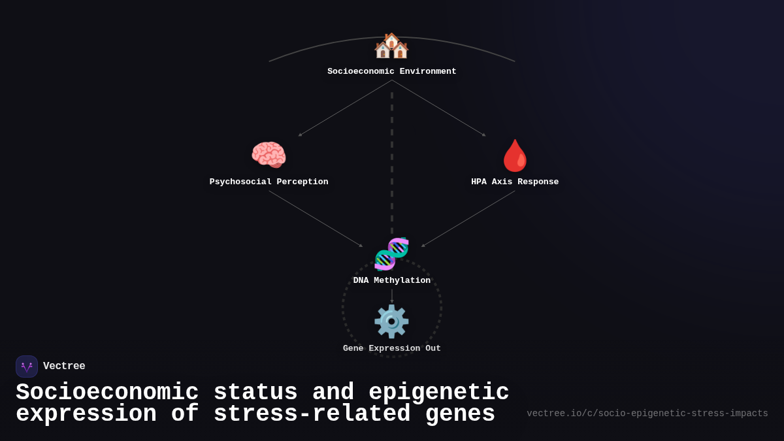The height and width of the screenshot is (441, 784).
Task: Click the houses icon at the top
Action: pos(391,46)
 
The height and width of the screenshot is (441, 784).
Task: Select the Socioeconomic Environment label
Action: pos(392,72)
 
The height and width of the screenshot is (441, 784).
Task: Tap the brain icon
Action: pos(269,155)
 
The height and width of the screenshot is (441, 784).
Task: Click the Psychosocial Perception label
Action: pos(269,182)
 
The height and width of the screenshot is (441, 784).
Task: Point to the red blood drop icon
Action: pos(515,155)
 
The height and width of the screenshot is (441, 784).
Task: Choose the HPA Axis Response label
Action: pos(515,182)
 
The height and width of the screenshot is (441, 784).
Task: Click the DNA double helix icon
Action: pos(391,253)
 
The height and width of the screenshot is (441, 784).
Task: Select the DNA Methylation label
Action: pos(392,281)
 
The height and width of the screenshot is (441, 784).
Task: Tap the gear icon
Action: pos(391,321)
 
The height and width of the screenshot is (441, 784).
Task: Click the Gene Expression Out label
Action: pos(392,349)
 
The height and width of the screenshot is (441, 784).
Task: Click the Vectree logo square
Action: pos(27,367)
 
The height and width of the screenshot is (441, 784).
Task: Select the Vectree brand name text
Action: pos(64,367)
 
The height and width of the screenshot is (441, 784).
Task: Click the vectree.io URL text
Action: pos(647,414)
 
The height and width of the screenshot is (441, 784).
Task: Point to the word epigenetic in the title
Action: pos(438,393)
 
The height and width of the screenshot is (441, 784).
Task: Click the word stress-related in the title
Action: pos(312,414)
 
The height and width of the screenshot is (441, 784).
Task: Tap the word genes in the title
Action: pos(460,414)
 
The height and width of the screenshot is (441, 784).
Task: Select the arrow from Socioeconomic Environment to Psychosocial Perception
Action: pos(345,108)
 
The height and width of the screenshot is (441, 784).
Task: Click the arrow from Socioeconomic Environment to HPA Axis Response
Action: pos(439,108)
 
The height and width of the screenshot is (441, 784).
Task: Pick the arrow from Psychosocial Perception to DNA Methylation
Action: pos(316,218)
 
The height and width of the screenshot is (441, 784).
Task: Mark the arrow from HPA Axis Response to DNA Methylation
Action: pos(468,218)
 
